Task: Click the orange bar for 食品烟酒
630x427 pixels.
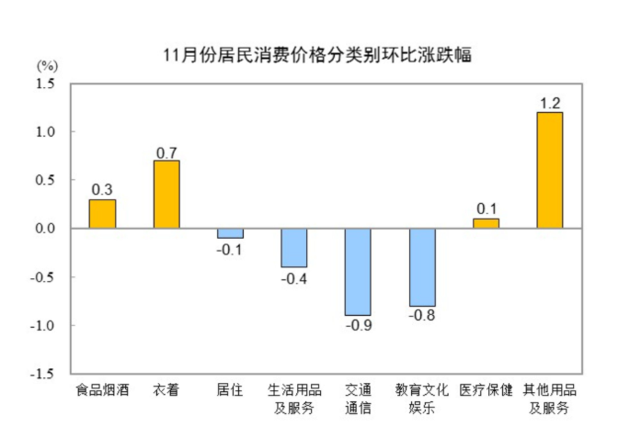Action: [x=102, y=214]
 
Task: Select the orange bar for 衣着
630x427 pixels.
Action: [x=166, y=195]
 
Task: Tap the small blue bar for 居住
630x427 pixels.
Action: [x=230, y=233]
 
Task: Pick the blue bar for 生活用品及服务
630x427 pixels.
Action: [x=294, y=248]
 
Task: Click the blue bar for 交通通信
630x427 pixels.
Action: [x=358, y=272]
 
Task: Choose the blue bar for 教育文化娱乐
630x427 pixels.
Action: [x=422, y=267]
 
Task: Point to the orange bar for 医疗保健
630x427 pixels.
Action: [x=486, y=223]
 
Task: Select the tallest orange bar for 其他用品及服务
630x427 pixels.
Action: [x=550, y=171]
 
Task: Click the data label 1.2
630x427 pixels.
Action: [x=550, y=102]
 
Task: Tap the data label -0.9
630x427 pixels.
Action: [x=358, y=325]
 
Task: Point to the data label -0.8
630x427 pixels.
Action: [x=422, y=316]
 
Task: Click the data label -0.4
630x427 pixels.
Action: [x=294, y=277]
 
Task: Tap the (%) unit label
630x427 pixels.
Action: [x=47, y=65]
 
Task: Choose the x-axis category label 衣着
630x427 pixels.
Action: [x=166, y=390]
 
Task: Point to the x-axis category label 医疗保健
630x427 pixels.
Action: [x=486, y=390]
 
